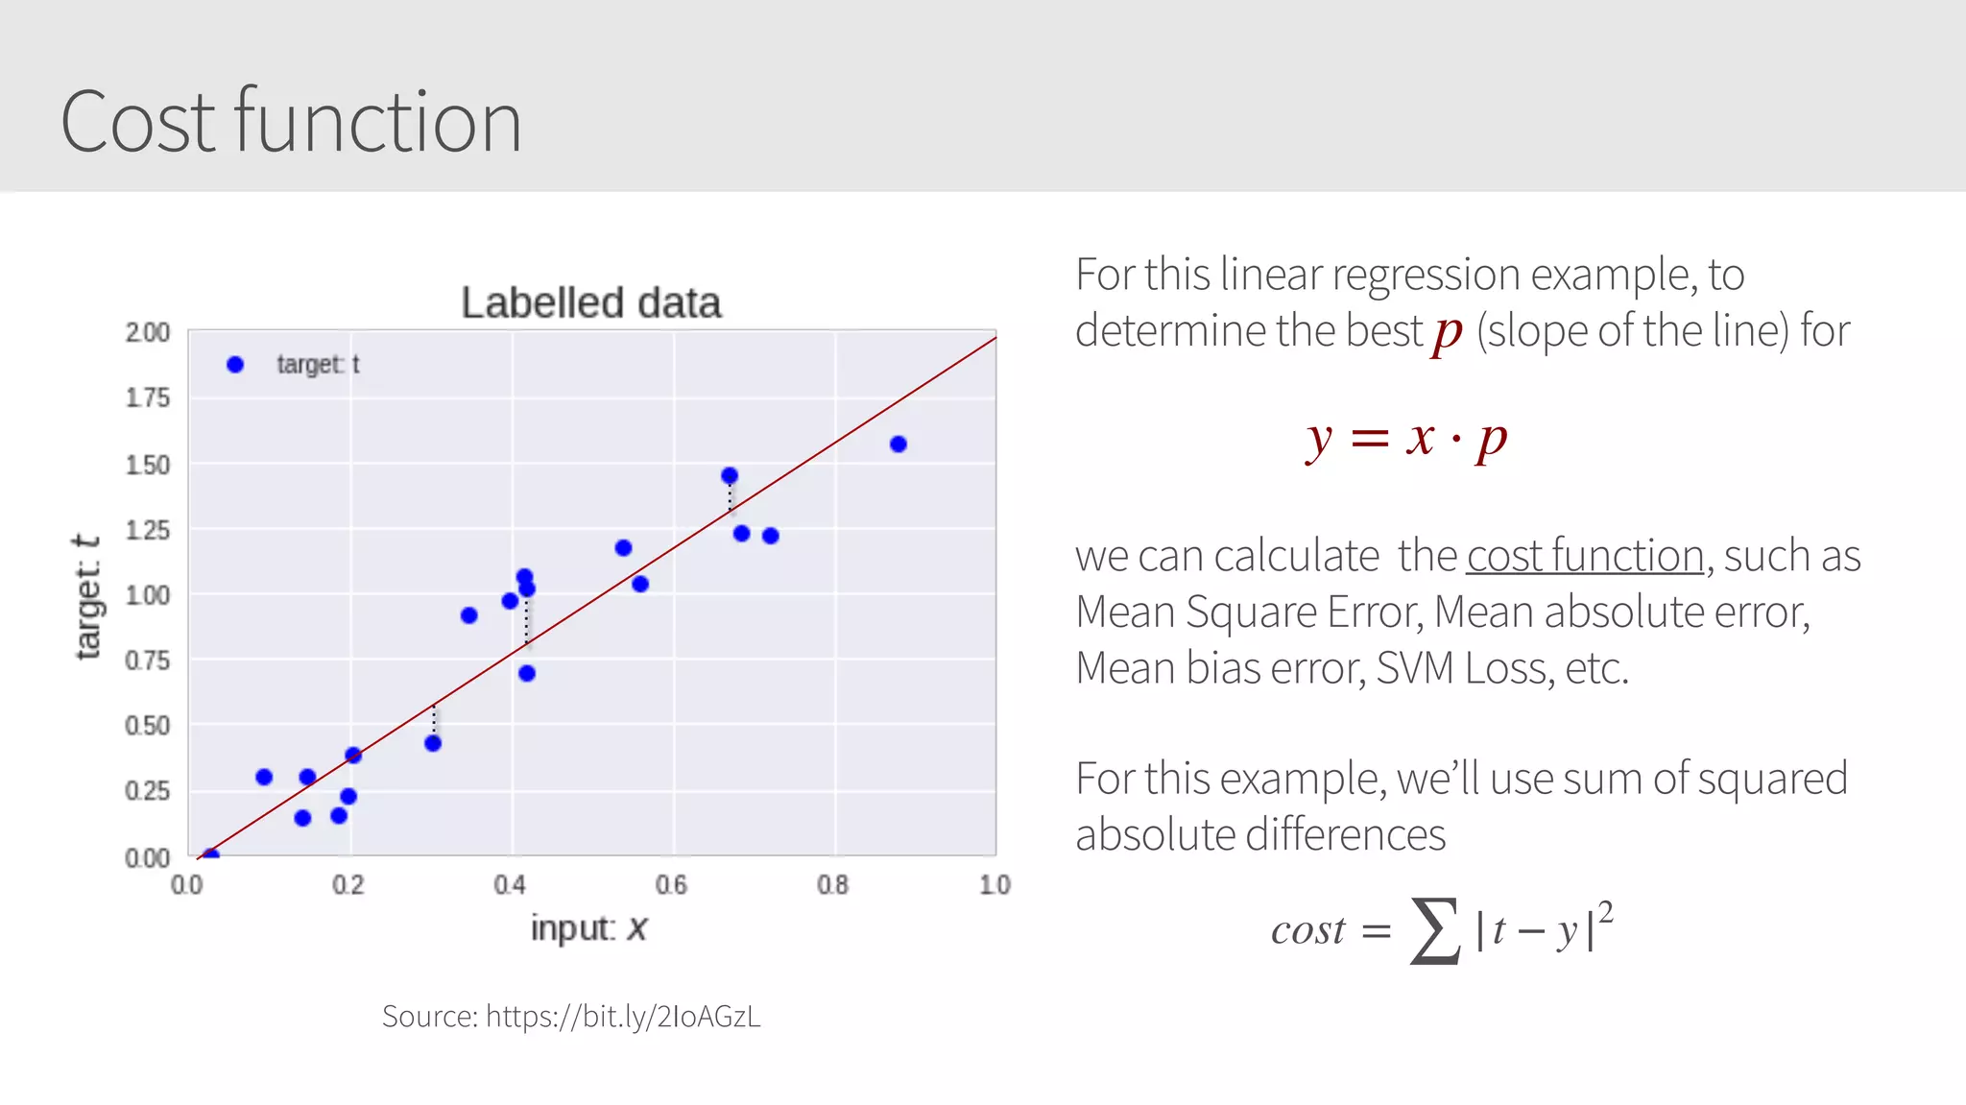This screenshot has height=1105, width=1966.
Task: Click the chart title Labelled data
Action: pos(590,303)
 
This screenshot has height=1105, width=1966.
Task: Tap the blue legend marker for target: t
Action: pos(235,365)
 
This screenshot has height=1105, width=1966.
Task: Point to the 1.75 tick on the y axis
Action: pos(147,397)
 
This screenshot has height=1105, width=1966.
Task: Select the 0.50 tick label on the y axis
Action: pos(147,726)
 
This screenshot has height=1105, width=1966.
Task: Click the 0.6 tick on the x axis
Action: pos(671,884)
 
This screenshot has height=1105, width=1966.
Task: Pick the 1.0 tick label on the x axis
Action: pos(995,884)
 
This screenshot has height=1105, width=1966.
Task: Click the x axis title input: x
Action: pos(588,928)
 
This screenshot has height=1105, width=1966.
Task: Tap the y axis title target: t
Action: pos(87,597)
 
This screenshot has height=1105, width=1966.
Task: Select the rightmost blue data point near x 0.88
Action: pos(899,444)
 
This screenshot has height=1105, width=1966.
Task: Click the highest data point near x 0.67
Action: pos(730,476)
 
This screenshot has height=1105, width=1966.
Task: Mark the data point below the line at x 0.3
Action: pos(433,743)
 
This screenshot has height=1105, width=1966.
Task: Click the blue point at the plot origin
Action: pos(211,853)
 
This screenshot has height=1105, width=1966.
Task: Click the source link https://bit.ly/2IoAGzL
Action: pos(623,1016)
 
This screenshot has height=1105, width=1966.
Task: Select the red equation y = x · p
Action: pos(1406,439)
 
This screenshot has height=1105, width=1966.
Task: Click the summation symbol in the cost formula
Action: pos(1434,930)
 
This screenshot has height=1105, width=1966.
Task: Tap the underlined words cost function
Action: pos(1585,556)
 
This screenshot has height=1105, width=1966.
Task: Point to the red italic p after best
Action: pos(1448,333)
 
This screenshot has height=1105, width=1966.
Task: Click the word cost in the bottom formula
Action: pos(1307,930)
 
